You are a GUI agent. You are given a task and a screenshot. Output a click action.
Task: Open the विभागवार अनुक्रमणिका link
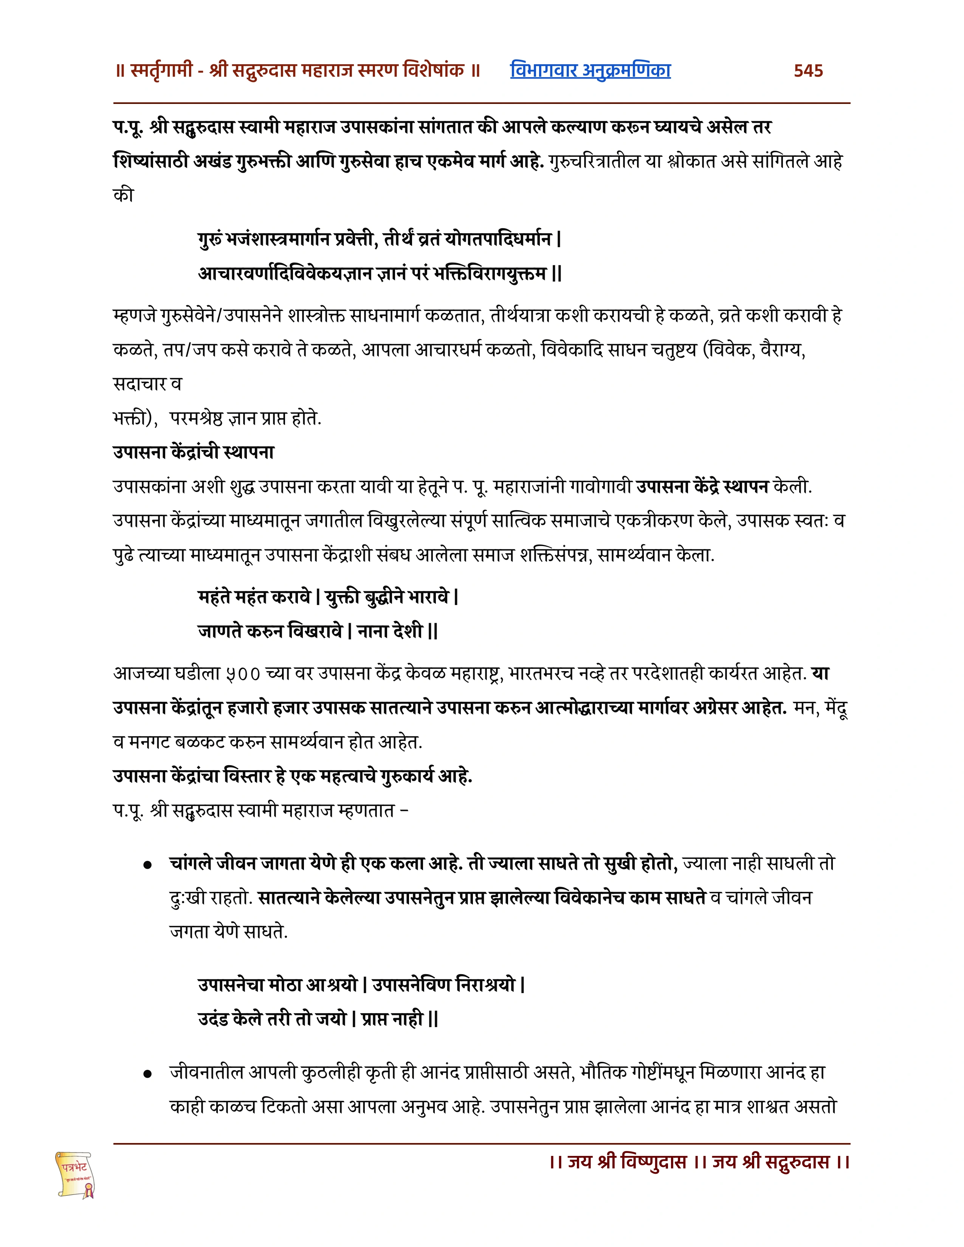(x=590, y=70)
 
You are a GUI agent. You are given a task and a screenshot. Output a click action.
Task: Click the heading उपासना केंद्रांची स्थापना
(x=194, y=452)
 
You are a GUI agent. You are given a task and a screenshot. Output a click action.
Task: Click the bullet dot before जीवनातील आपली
(x=148, y=1074)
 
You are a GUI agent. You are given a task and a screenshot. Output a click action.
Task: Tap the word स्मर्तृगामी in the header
(x=162, y=71)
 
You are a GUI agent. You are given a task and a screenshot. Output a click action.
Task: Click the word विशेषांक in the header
(x=434, y=71)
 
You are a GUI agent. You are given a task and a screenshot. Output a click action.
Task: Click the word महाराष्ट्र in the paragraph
(x=476, y=674)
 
